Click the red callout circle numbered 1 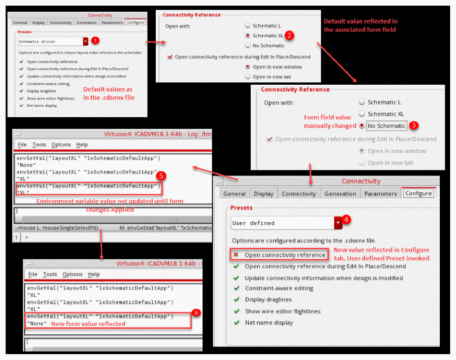[95, 41]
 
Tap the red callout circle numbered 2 [289, 36]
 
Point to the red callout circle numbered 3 [414, 125]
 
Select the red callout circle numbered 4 [346, 219]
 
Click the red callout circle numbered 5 [161, 176]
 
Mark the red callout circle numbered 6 [196, 313]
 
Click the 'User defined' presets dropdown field [286, 223]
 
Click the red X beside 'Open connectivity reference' [236, 255]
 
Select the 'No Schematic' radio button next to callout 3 [361, 126]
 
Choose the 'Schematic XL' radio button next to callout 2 [248, 36]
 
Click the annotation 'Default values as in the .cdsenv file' [109, 93]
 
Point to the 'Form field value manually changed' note [330, 122]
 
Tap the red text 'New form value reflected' [88, 324]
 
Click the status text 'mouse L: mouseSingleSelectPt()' [58, 228]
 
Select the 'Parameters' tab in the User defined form [380, 194]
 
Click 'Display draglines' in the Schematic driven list [41, 91]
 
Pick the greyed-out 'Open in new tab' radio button [362, 163]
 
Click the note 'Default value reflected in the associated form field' [361, 25]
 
